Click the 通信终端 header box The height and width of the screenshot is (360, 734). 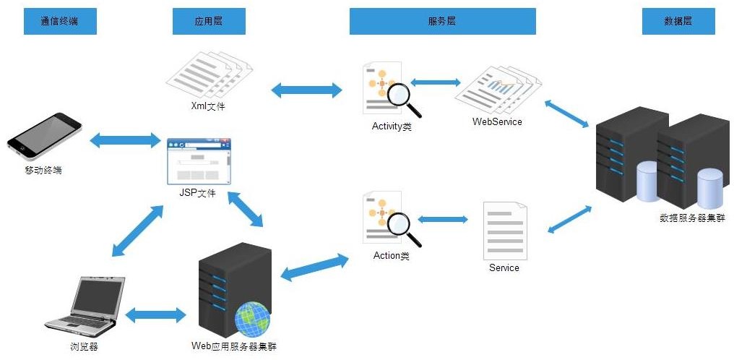61,22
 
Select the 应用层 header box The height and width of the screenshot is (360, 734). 209,22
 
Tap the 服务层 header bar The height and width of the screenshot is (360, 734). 442,22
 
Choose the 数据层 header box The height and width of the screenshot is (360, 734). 678,22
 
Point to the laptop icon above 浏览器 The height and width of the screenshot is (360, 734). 85,304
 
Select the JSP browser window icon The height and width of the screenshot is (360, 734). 199,160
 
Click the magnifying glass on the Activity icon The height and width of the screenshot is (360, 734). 401,97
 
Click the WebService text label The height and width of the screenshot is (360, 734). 497,121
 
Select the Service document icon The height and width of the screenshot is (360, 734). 504,230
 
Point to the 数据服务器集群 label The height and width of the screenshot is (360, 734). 692,218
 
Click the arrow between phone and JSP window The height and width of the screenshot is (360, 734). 124,140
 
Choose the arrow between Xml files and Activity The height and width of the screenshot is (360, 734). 306,90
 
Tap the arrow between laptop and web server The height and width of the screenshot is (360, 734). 155,315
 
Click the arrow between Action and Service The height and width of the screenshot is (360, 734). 442,218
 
